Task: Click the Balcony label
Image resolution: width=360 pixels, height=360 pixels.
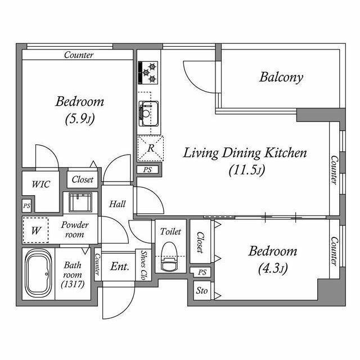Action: click(x=281, y=78)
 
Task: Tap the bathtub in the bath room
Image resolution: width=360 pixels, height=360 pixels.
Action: click(x=39, y=274)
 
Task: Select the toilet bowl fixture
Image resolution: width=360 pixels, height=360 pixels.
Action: click(x=169, y=256)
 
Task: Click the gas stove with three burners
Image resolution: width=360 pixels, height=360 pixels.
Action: click(x=148, y=73)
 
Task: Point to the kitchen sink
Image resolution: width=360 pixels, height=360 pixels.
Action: click(x=148, y=114)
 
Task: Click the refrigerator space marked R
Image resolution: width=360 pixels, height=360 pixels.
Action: click(x=150, y=148)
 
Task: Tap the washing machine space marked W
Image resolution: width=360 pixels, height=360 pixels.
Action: click(x=35, y=230)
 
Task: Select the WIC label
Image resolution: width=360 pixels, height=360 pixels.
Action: click(x=40, y=184)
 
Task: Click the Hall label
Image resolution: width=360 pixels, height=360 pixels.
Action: click(x=118, y=204)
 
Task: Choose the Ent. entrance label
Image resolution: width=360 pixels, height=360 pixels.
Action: click(x=120, y=266)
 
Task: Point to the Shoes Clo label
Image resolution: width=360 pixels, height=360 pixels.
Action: click(x=143, y=265)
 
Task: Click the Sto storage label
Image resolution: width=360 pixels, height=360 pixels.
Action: click(x=201, y=291)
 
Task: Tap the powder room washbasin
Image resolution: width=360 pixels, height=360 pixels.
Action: click(x=80, y=202)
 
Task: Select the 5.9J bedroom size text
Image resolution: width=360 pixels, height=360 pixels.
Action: click(x=80, y=119)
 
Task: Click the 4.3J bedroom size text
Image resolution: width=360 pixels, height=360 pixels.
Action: click(x=273, y=269)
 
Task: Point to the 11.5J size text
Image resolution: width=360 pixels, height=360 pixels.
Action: click(x=247, y=170)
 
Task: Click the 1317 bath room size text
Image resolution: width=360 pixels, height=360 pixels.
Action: click(x=73, y=285)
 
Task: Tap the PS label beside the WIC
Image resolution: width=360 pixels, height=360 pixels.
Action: click(x=26, y=206)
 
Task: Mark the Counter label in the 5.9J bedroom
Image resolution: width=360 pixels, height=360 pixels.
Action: click(x=79, y=55)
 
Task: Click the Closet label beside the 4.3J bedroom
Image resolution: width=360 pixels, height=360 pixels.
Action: click(x=200, y=242)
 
